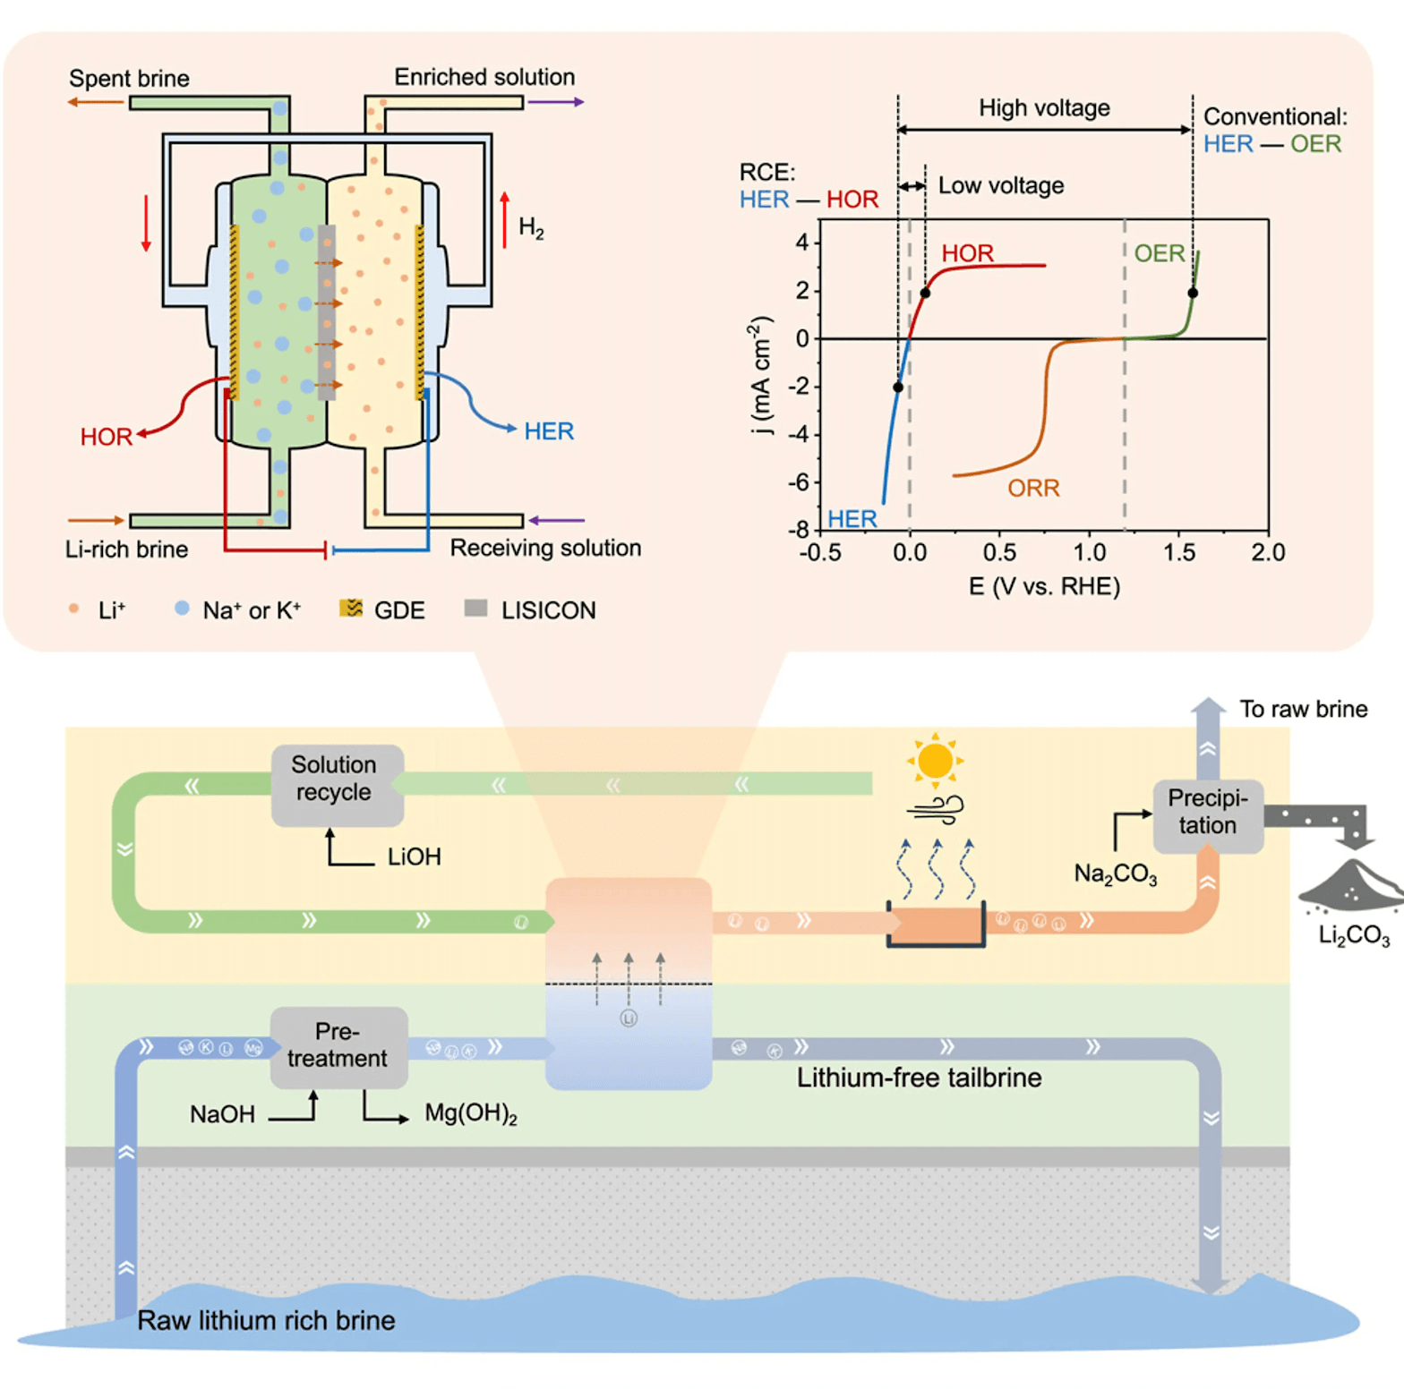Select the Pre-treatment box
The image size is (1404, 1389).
click(x=338, y=1046)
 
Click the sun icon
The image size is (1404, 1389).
click(x=935, y=761)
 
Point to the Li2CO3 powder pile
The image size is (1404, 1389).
click(x=1351, y=886)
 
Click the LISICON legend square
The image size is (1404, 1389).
click(x=475, y=609)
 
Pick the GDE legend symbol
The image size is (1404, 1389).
click(x=351, y=609)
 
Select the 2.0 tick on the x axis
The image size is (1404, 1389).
click(x=1268, y=552)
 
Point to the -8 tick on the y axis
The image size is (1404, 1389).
click(x=798, y=530)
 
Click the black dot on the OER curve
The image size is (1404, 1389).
click(x=1193, y=293)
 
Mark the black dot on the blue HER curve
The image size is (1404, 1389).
click(x=898, y=388)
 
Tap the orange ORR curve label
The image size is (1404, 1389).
click(x=1033, y=488)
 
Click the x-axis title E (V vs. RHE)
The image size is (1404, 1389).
click(x=1044, y=586)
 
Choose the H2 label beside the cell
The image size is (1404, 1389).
click(x=531, y=228)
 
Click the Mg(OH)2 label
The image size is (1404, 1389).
click(x=471, y=1113)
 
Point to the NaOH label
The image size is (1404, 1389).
click(x=222, y=1114)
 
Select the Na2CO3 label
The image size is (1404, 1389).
click(x=1116, y=873)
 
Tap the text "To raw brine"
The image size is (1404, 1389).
click(x=1303, y=709)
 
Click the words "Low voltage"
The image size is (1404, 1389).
click(x=1001, y=185)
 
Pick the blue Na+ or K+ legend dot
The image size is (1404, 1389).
click(x=182, y=608)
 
